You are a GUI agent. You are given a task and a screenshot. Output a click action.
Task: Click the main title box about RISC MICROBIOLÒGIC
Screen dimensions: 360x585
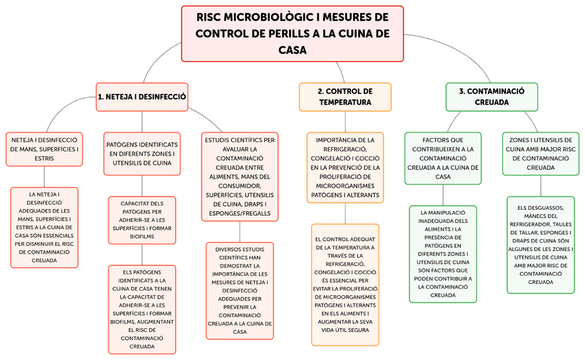pos(292,33)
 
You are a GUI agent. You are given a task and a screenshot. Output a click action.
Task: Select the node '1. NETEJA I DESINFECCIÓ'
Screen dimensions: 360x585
pos(142,97)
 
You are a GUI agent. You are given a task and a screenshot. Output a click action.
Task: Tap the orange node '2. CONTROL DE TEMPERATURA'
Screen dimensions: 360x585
pos(345,97)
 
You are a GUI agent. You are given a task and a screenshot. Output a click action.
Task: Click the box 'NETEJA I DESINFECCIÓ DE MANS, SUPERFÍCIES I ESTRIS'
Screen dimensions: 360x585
pos(43,149)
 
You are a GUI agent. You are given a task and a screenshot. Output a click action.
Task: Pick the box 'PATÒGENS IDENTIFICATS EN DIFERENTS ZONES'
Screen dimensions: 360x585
pos(142,154)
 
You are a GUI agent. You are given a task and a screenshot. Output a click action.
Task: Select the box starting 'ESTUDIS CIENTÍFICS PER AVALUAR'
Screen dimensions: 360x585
pos(240,177)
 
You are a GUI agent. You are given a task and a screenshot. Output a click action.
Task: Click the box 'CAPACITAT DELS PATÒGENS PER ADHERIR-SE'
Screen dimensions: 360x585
pos(142,220)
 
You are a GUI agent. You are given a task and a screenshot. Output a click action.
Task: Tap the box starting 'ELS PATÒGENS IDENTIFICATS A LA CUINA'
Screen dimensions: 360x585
pos(142,309)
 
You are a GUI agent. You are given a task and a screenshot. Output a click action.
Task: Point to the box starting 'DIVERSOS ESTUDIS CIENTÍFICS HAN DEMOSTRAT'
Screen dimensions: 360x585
pos(240,290)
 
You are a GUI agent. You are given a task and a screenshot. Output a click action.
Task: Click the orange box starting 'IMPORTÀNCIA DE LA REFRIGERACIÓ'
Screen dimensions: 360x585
pos(345,168)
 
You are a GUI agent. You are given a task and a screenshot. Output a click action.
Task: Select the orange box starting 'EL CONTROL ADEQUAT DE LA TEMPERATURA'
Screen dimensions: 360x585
pos(345,285)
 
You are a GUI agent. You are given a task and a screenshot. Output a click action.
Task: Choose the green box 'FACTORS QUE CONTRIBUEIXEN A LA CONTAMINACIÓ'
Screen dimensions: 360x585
pos(443,158)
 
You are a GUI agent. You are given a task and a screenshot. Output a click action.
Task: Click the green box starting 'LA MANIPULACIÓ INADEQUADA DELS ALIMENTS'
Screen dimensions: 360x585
pos(443,254)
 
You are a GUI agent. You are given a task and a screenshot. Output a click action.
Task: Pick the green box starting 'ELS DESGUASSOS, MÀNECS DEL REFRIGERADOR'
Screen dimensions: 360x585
pos(541,245)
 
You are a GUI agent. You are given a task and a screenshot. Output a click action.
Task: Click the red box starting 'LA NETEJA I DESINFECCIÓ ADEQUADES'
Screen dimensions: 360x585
pos(43,228)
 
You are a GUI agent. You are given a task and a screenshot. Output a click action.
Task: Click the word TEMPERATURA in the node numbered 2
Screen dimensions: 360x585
pos(345,102)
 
